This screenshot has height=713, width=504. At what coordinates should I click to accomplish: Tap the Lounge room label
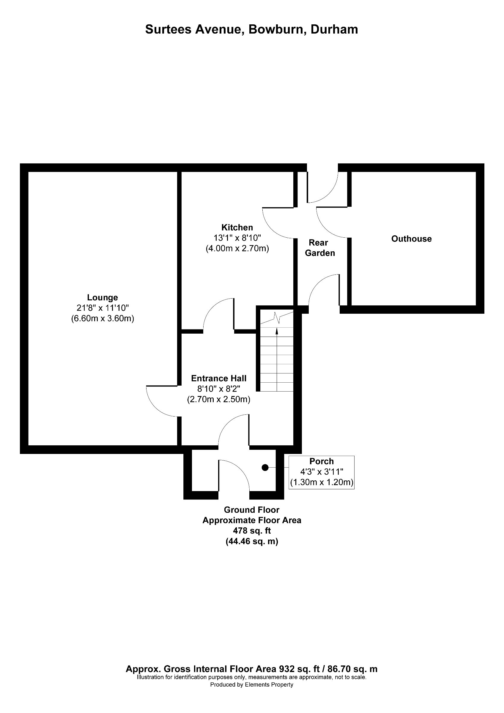pyautogui.click(x=103, y=297)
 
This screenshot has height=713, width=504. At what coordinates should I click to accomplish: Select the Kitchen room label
pyautogui.click(x=237, y=227)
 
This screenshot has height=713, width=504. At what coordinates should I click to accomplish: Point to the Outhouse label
pyautogui.click(x=411, y=239)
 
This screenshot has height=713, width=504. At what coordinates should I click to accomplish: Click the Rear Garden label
pyautogui.click(x=319, y=248)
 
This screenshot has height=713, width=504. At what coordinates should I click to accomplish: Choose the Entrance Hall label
pyautogui.click(x=219, y=378)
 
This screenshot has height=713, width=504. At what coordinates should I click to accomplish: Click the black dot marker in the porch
pyautogui.click(x=265, y=467)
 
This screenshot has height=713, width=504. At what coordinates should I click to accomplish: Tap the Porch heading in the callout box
pyautogui.click(x=322, y=461)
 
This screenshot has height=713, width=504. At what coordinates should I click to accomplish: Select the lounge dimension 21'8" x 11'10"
pyautogui.click(x=103, y=308)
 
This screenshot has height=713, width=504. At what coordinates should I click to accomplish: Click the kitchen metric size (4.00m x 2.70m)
pyautogui.click(x=237, y=248)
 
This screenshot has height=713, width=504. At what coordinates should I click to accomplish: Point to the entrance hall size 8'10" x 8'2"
pyautogui.click(x=219, y=389)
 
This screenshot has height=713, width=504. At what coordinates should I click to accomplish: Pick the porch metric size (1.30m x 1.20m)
pyautogui.click(x=322, y=482)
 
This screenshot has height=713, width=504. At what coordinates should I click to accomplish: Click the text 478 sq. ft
pyautogui.click(x=252, y=531)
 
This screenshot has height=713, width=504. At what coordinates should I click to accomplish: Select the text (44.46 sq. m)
pyautogui.click(x=252, y=541)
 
